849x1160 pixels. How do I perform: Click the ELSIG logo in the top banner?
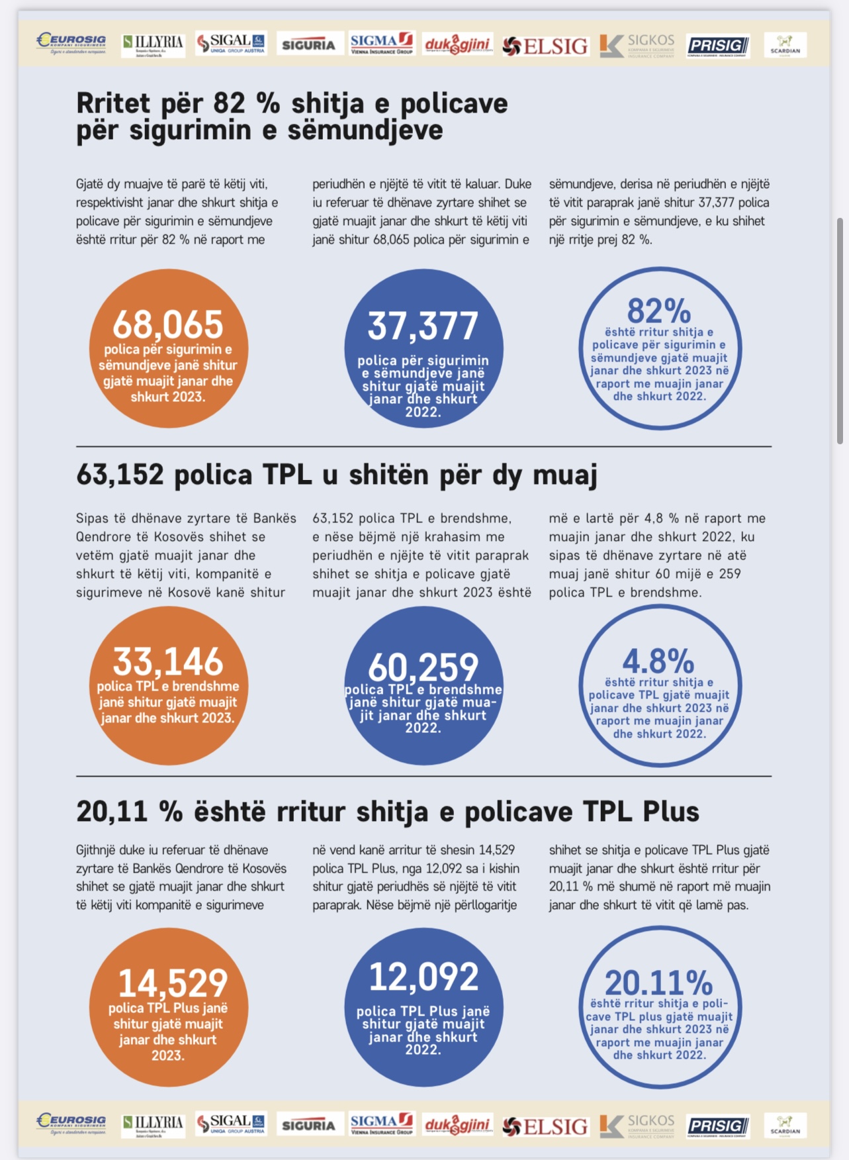[x=545, y=46]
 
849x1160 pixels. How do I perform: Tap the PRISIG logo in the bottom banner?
[x=717, y=1126]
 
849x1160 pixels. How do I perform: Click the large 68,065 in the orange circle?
[x=168, y=324]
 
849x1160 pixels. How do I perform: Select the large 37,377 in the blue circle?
[x=423, y=326]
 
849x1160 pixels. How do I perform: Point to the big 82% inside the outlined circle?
[x=659, y=311]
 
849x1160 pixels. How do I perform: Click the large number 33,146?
[x=168, y=661]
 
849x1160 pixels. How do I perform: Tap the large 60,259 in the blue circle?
[x=423, y=667]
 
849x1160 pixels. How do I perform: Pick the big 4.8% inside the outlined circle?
[x=658, y=661]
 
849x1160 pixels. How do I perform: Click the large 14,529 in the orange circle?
[x=173, y=983]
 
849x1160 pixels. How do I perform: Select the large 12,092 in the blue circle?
[x=424, y=977]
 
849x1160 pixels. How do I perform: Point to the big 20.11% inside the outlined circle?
[x=658, y=983]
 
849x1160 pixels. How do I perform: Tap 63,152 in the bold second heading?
[x=120, y=475]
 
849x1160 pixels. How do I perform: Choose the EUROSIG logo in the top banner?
[x=71, y=44]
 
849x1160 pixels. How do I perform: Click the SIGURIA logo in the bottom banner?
[x=309, y=1126]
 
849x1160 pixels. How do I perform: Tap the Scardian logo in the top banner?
[x=785, y=45]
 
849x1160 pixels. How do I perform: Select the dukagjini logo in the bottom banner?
[x=457, y=1126]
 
